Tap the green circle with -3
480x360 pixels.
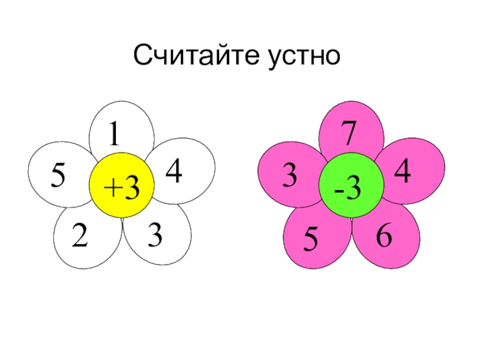tap(350, 184)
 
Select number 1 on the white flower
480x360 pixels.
tap(113, 136)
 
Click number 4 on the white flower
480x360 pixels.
tap(174, 172)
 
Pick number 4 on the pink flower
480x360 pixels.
tap(403, 172)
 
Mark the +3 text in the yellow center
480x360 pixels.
tap(121, 190)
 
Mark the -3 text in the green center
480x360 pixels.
tap(349, 190)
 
